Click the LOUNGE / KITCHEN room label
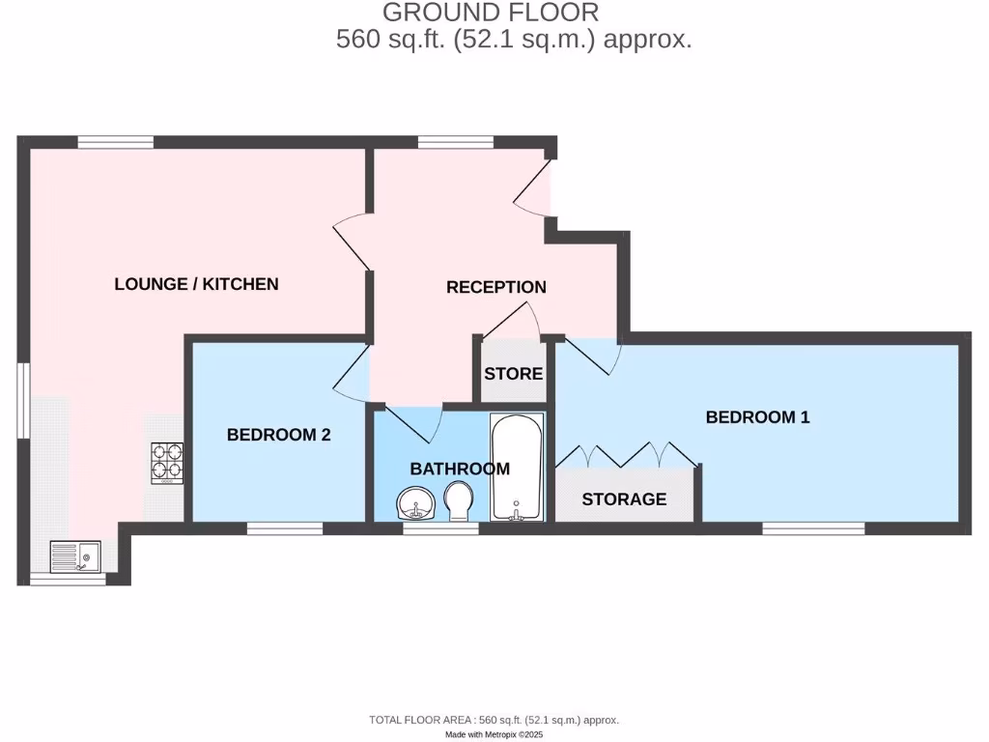click(x=196, y=284)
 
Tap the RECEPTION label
click(x=495, y=287)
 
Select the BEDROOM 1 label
click(x=757, y=417)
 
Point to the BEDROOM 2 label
click(x=278, y=435)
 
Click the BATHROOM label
click(x=460, y=470)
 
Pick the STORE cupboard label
click(x=513, y=374)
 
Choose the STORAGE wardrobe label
click(x=623, y=499)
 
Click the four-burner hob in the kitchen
click(x=166, y=462)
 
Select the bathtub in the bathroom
click(x=517, y=468)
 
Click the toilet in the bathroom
click(x=458, y=501)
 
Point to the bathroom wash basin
click(x=416, y=503)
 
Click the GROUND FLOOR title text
click(x=491, y=13)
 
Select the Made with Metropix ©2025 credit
click(x=494, y=735)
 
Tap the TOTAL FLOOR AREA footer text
click(x=494, y=720)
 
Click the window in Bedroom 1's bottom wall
click(x=812, y=528)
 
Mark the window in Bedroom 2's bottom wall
click(x=284, y=528)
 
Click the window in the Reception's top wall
click(x=455, y=143)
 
